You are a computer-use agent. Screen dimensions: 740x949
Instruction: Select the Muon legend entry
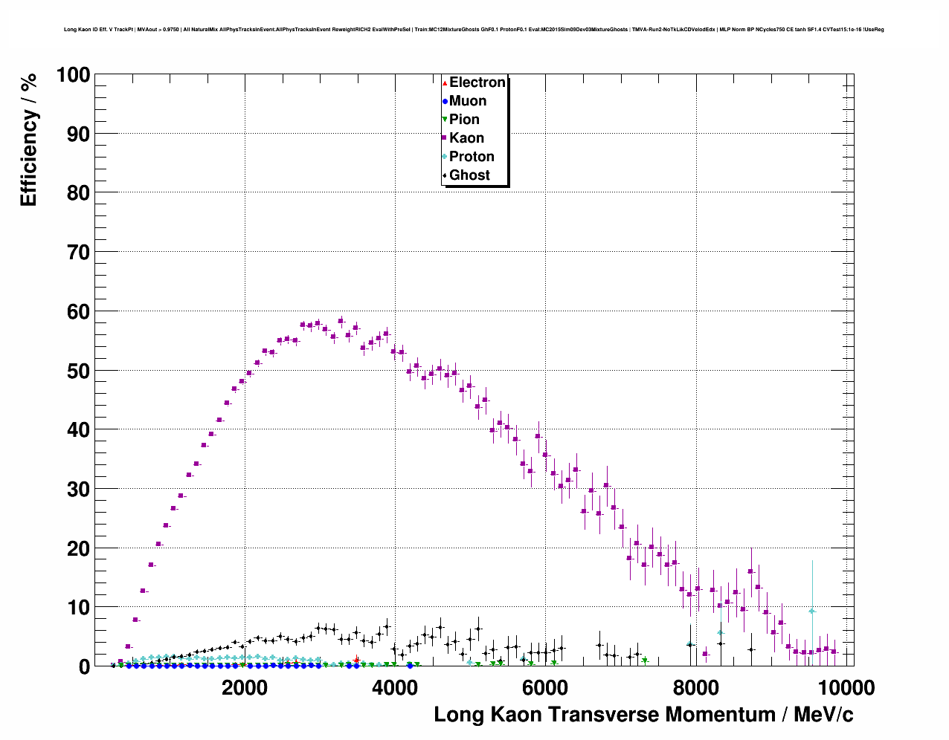click(468, 101)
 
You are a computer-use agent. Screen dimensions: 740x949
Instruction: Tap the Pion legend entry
click(464, 120)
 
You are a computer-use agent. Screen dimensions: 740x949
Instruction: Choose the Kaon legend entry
click(466, 138)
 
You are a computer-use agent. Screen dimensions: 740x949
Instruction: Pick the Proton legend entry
click(472, 157)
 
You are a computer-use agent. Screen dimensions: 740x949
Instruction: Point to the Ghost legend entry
click(469, 175)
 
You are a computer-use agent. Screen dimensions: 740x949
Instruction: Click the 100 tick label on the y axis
click(73, 75)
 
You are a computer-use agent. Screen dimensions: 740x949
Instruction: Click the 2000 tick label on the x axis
click(245, 688)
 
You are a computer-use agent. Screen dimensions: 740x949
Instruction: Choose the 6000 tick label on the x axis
click(545, 688)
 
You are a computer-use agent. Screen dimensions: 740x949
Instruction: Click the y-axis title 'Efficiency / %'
click(28, 140)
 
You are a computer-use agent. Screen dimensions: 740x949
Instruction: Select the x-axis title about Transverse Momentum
click(643, 715)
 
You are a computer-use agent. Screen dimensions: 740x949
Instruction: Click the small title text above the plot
click(474, 30)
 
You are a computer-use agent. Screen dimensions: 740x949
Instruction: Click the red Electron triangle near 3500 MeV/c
click(356, 660)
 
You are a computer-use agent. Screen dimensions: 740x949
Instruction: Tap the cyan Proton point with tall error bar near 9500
click(812, 611)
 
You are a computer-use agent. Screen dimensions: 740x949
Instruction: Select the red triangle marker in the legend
click(445, 82)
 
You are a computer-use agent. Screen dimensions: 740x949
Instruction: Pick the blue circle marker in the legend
click(445, 101)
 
